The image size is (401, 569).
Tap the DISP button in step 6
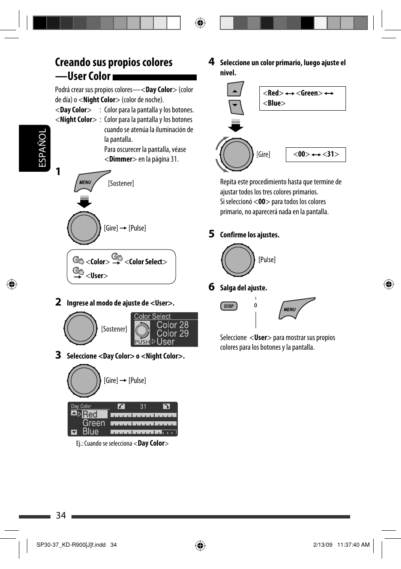pyautogui.click(x=229, y=306)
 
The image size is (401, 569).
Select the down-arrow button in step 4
pyautogui.click(x=236, y=106)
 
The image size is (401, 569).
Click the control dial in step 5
pyautogui.click(x=238, y=260)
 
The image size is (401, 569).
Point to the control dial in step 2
pyautogui.click(x=81, y=328)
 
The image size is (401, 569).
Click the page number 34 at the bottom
pyautogui.click(x=61, y=516)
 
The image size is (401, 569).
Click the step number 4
pyautogui.click(x=211, y=62)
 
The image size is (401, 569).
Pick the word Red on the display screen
pyautogui.click(x=90, y=415)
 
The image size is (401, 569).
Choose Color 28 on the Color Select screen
pyautogui.click(x=172, y=325)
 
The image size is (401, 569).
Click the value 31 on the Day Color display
pyautogui.click(x=143, y=407)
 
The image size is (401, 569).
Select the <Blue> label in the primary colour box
pyautogui.click(x=274, y=103)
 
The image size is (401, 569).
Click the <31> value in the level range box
pyautogui.click(x=330, y=154)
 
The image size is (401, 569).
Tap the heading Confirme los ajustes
pyautogui.click(x=250, y=235)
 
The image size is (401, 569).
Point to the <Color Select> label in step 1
pyautogui.click(x=146, y=262)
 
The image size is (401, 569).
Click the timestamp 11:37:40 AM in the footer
pyautogui.click(x=353, y=545)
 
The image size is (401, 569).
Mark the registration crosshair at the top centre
pyautogui.click(x=200, y=23)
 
